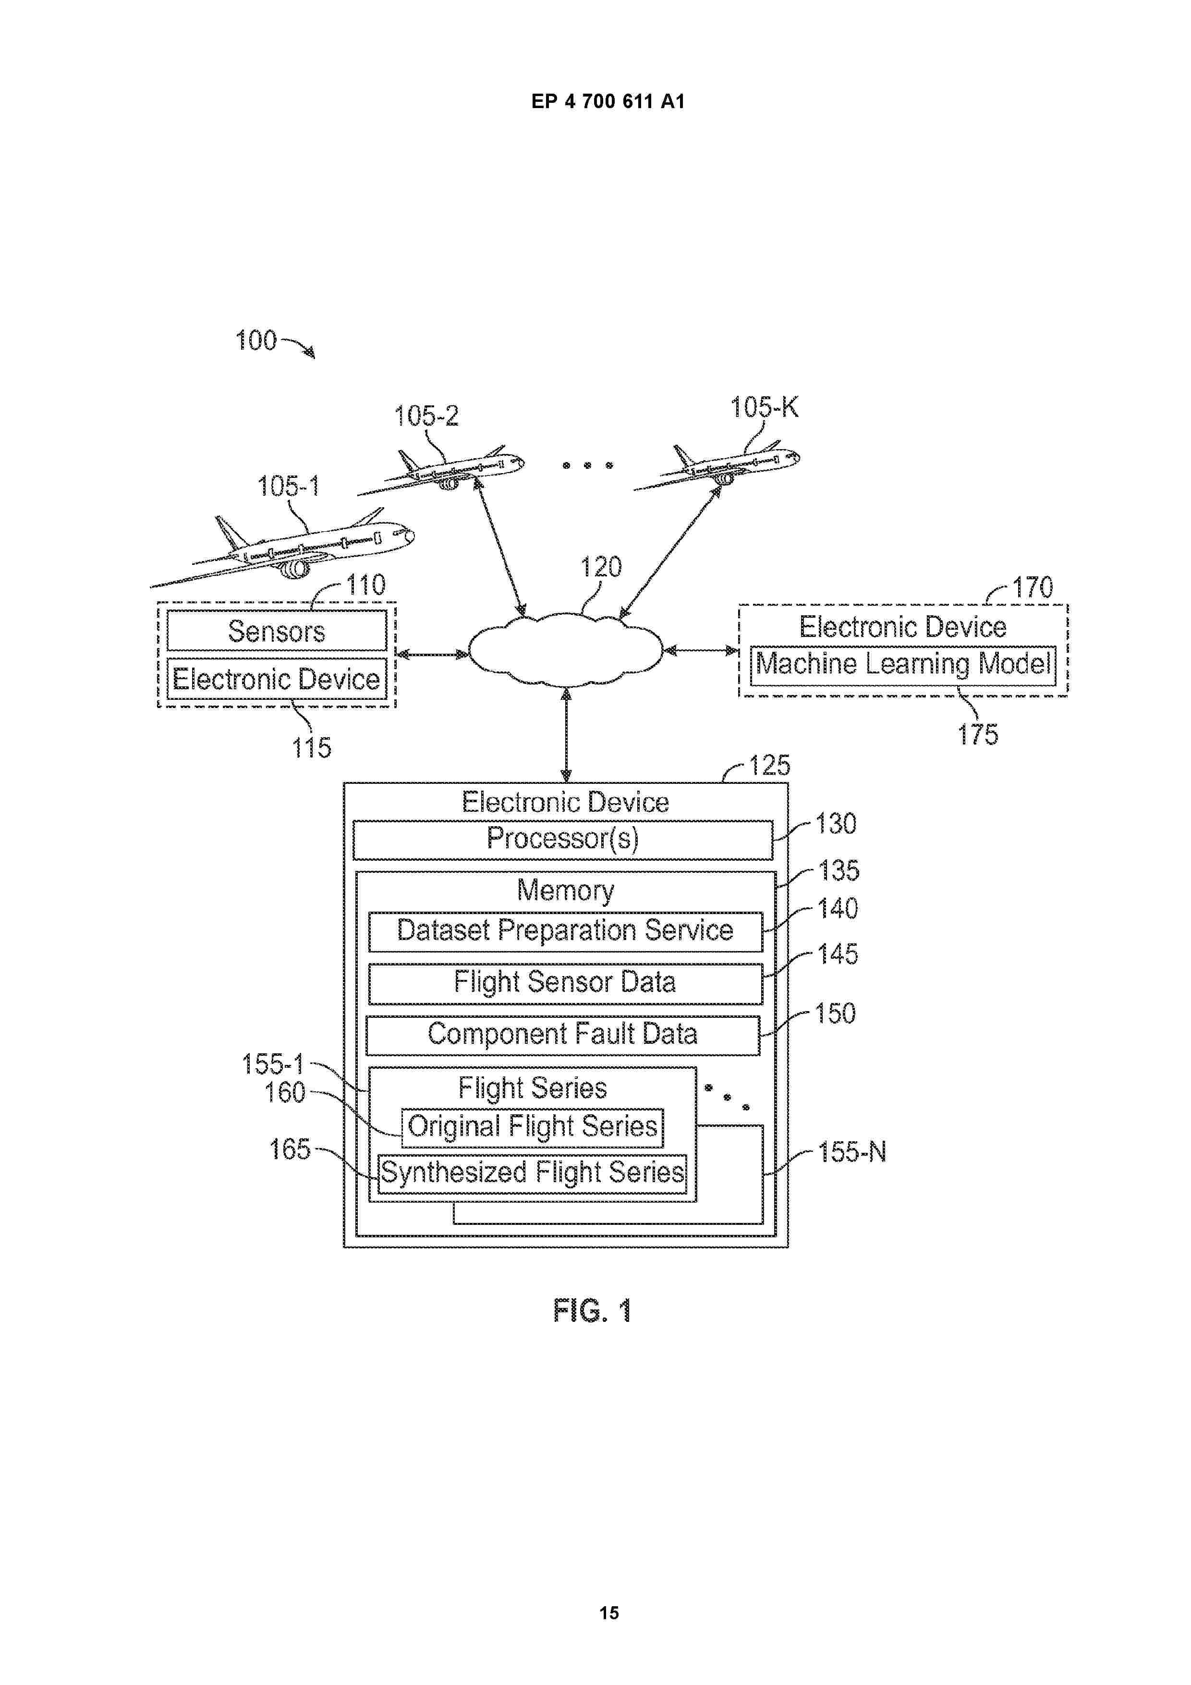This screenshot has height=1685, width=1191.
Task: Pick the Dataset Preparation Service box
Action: pos(565,930)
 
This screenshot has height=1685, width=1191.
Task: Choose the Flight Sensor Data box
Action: pos(565,983)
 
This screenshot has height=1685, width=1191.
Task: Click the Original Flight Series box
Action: pos(532,1126)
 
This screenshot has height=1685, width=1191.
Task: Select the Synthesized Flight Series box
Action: pos(533,1172)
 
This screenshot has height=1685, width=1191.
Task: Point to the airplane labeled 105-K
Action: pos(723,465)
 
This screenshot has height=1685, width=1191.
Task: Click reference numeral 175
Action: pos(977,734)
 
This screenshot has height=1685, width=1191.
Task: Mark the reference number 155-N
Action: pos(852,1152)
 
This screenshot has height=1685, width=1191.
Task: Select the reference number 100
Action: pos(255,341)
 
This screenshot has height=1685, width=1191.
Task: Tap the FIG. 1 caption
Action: pos(592,1311)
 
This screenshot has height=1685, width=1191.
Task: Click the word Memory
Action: pos(565,890)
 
